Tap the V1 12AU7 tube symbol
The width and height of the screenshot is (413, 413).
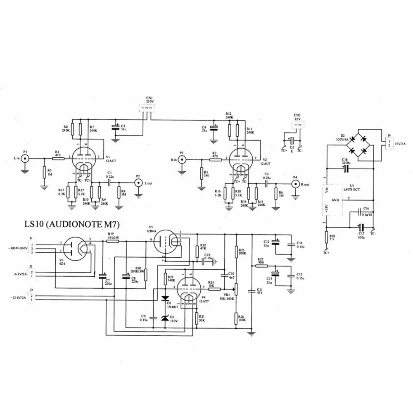[83, 157]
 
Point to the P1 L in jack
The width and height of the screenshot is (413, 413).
[25, 159]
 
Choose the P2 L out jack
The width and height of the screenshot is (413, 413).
[138, 182]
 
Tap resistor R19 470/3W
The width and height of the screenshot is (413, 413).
[112, 241]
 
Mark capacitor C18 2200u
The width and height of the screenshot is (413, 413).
[346, 169]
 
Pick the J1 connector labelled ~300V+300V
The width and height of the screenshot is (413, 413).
[32, 248]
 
